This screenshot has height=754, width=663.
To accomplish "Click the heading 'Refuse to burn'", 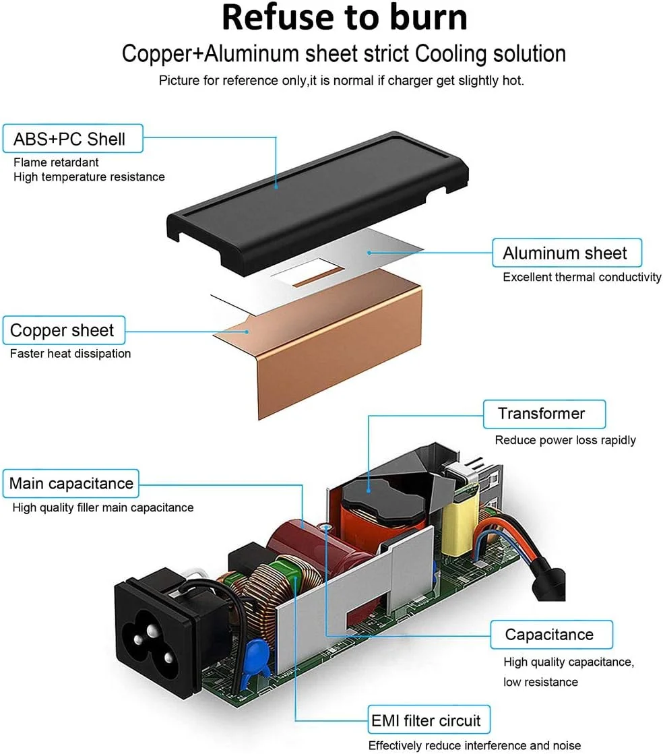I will tap(344, 18).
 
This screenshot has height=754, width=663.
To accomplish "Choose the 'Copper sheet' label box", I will tap(62, 331).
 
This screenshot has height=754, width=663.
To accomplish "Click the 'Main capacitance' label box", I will tap(71, 484).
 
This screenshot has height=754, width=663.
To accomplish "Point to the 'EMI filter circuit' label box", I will tap(427, 720).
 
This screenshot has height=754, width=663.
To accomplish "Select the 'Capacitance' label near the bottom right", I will tap(549, 635).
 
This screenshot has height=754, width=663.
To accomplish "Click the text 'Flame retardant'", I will tap(56, 162).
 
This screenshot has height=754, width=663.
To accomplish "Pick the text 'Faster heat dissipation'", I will tap(71, 354).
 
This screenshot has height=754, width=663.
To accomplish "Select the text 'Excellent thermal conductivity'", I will tap(582, 277).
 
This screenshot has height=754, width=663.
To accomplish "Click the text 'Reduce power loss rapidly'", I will tap(565, 440).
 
